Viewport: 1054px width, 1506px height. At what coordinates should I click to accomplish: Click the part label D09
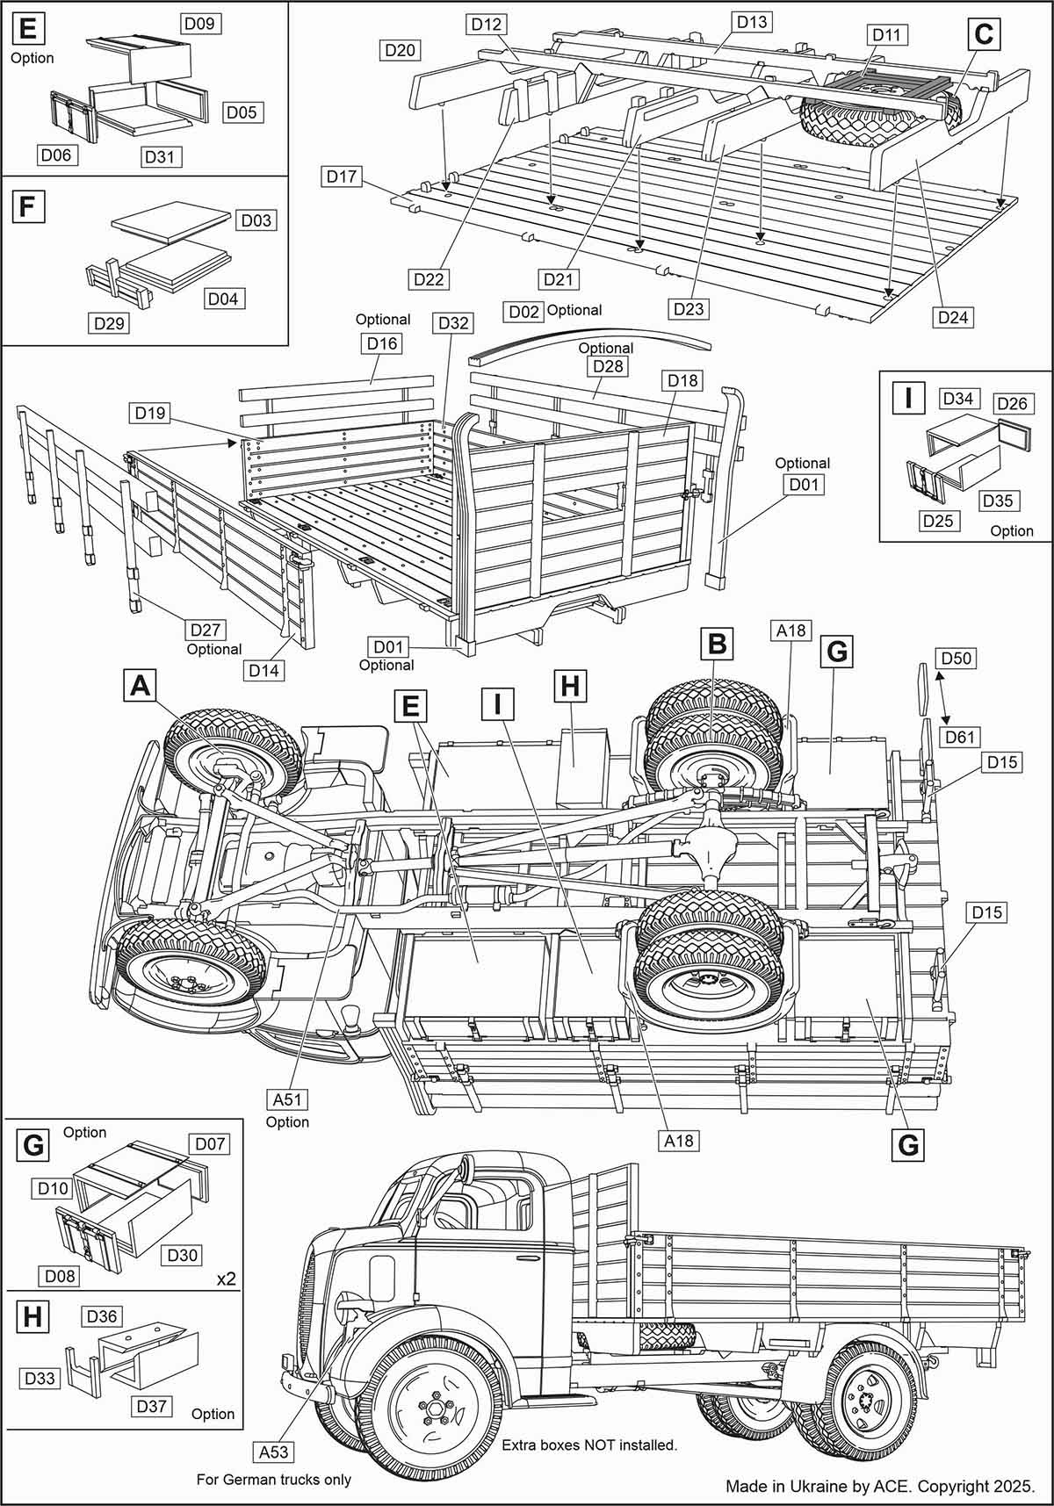[x=201, y=24]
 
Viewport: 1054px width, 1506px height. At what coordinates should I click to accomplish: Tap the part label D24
[x=952, y=316]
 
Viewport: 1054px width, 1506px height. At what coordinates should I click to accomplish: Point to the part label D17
[x=342, y=177]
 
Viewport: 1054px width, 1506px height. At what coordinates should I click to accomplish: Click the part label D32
[x=453, y=322]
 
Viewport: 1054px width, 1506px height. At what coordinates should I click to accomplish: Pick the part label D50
[x=956, y=659]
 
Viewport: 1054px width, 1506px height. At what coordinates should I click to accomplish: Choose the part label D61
[x=960, y=736]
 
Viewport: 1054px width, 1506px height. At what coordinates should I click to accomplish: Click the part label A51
[x=289, y=1099]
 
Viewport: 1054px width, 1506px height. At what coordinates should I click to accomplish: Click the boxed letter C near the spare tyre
[x=983, y=35]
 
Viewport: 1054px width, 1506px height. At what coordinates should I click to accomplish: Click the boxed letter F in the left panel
[x=26, y=207]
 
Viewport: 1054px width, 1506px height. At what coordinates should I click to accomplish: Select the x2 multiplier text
[x=227, y=1279]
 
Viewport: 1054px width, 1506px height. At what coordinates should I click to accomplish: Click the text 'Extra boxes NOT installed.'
[x=588, y=1444]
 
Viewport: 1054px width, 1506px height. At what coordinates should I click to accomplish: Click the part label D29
[x=110, y=323]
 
